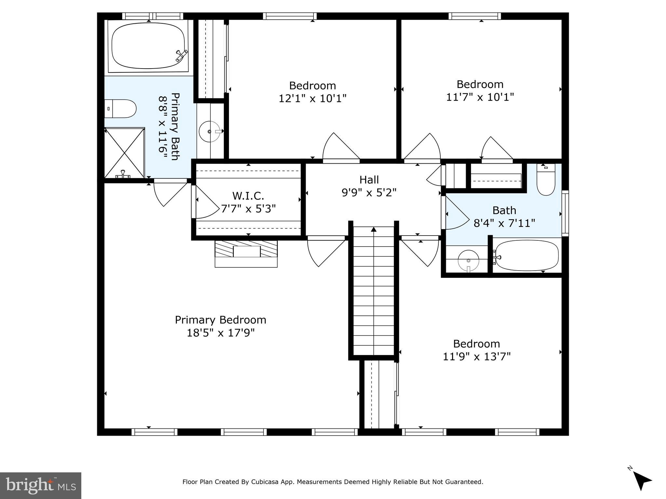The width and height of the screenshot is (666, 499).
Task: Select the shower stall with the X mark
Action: (x=125, y=153)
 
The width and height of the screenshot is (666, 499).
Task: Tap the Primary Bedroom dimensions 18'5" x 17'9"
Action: (x=220, y=333)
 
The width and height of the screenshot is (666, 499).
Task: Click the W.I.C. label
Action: (x=248, y=196)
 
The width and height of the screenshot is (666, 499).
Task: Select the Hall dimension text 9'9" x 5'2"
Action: (x=369, y=193)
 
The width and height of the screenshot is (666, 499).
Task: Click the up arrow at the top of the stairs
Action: (x=374, y=229)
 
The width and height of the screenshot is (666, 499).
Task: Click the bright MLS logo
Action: (x=41, y=486)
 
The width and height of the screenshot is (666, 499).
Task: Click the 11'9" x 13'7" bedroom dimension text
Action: (x=477, y=357)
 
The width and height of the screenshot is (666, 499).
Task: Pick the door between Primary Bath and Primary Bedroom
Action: (x=169, y=192)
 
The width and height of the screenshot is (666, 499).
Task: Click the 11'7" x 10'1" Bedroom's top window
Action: (x=475, y=16)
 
